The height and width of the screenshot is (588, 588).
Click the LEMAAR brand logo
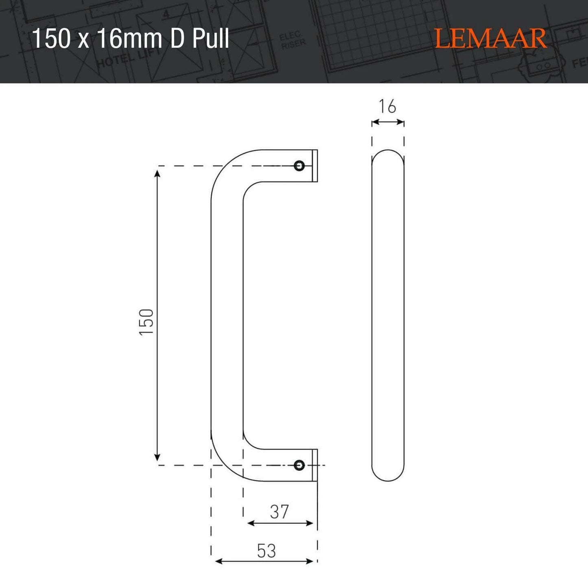491,39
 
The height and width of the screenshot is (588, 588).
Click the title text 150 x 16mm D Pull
131,39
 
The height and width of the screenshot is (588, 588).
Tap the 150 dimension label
146,321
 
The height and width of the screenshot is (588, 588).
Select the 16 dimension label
387,107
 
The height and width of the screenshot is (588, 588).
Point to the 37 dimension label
279,511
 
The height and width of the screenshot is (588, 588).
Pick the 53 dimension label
267,551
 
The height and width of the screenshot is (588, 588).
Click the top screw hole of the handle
299,166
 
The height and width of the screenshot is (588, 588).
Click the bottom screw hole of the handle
299,465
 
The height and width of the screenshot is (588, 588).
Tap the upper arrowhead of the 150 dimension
158,173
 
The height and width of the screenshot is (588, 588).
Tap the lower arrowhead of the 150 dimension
158,457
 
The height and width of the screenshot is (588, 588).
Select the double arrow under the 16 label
387,122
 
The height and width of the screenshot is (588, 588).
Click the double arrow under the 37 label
280,523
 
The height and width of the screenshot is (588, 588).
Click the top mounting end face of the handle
315,166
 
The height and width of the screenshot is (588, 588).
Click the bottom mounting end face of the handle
315,465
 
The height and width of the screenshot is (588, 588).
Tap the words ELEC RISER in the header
292,41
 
